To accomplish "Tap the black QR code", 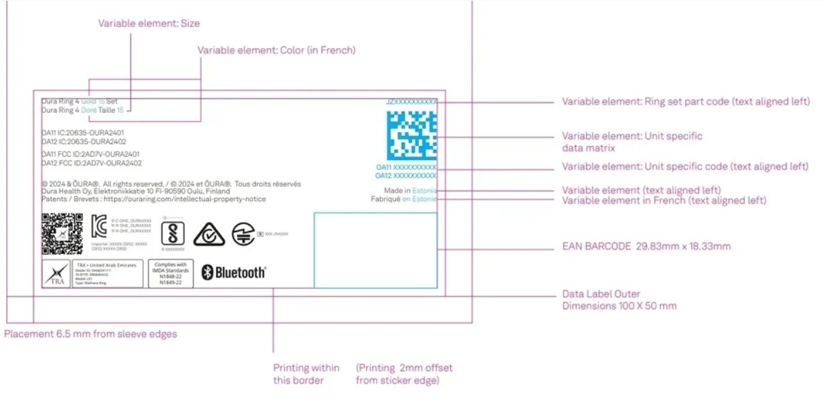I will pyautogui.click(x=62, y=234).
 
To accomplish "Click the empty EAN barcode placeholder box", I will pyautogui.click(x=375, y=250).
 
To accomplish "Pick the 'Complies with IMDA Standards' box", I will pyautogui.click(x=170, y=273).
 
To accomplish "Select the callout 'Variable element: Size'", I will pyautogui.click(x=149, y=23).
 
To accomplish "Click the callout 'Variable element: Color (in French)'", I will pyautogui.click(x=276, y=50).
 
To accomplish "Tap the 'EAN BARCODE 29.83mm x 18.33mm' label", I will pyautogui.click(x=646, y=247).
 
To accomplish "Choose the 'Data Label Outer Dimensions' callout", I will pyautogui.click(x=619, y=300).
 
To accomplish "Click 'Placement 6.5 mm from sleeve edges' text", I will pyautogui.click(x=91, y=334).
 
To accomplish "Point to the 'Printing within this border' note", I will pyautogui.click(x=306, y=374).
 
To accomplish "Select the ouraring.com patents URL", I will pyautogui.click(x=183, y=200).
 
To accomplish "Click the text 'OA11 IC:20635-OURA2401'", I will pyautogui.click(x=82, y=132).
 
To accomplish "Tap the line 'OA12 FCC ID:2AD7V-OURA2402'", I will pyautogui.click(x=91, y=164).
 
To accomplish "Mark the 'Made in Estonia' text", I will pyautogui.click(x=410, y=191).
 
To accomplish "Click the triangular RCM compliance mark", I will pyautogui.click(x=209, y=234).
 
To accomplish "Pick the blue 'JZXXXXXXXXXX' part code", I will pyautogui.click(x=411, y=101).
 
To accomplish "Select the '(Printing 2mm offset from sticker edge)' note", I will pyautogui.click(x=404, y=374).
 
